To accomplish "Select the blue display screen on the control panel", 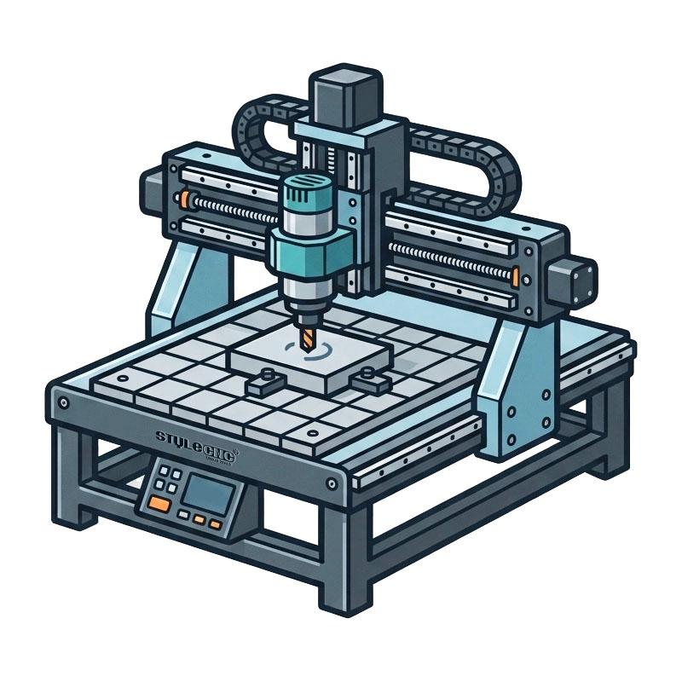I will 205,492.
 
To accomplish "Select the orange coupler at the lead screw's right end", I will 515,276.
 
